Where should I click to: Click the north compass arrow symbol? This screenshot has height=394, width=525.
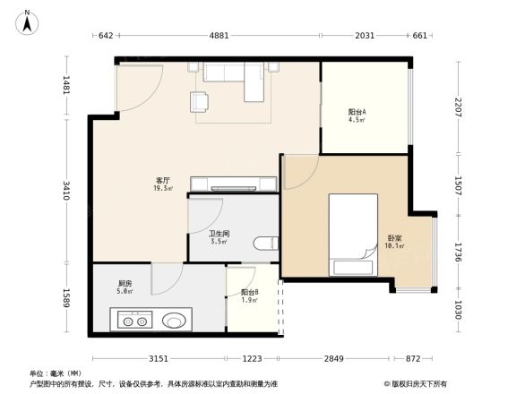pyautogui.click(x=28, y=21)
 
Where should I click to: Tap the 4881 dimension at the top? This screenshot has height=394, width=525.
pyautogui.click(x=219, y=37)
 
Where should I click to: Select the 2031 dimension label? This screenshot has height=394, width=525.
pyautogui.click(x=365, y=37)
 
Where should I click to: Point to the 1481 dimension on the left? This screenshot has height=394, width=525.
pyautogui.click(x=65, y=86)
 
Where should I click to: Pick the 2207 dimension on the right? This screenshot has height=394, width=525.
pyautogui.click(x=457, y=108)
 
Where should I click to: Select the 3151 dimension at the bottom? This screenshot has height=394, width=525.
pyautogui.click(x=158, y=359)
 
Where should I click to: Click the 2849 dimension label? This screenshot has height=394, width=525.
pyautogui.click(x=333, y=359)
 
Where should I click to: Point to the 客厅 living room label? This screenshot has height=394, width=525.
pyautogui.click(x=163, y=184)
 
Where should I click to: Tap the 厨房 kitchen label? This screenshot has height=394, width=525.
pyautogui.click(x=125, y=286)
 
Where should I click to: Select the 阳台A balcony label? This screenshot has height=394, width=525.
pyautogui.click(x=357, y=116)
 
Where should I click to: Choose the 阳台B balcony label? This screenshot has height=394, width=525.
pyautogui.click(x=250, y=295)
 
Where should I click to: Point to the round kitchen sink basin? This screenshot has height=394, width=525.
pyautogui.click(x=176, y=320)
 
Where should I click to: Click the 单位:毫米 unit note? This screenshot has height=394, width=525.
pyautogui.click(x=50, y=373)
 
